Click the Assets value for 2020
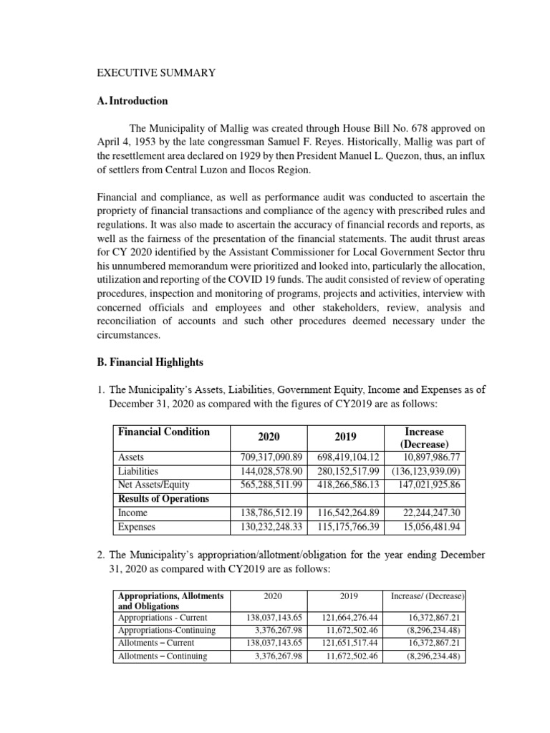point(268,457)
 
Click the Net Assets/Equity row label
point(153,485)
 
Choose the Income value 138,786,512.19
point(268,513)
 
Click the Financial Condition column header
point(164,432)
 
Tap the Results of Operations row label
point(163,498)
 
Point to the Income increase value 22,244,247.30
point(428,513)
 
